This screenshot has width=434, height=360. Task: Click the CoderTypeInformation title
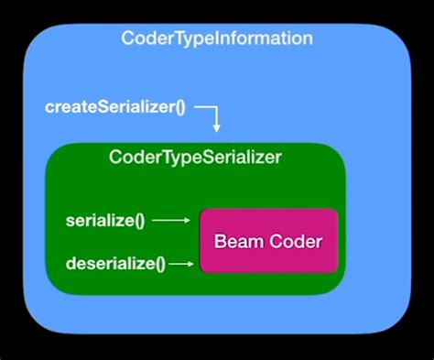tap(217, 39)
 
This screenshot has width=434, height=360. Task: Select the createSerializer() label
tap(115, 106)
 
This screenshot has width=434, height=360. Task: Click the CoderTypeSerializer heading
tap(195, 158)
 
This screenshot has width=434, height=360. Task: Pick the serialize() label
tap(105, 221)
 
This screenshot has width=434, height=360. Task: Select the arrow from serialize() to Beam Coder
tap(170, 221)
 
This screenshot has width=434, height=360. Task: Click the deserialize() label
tap(115, 264)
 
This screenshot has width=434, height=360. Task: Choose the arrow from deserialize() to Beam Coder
tap(182, 264)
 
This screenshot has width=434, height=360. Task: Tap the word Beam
tap(235, 242)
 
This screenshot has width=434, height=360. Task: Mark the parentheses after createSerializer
tap(179, 107)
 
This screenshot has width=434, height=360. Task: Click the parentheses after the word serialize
tap(138, 221)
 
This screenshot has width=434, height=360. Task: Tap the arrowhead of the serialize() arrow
tap(186, 221)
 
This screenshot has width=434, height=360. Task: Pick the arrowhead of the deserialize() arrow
tap(191, 264)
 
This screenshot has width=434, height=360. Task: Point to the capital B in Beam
tap(220, 242)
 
